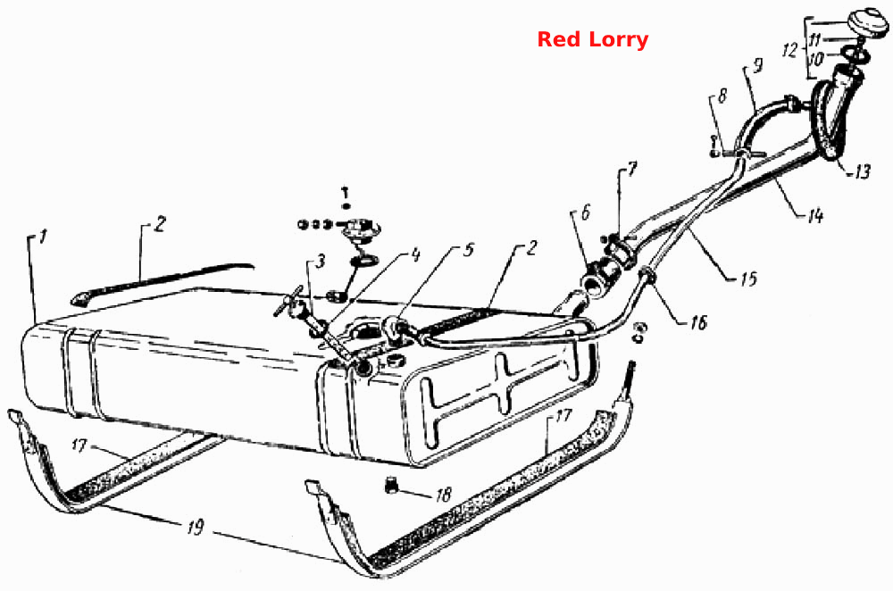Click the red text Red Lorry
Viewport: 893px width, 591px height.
point(593,40)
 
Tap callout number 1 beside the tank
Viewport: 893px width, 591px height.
point(43,237)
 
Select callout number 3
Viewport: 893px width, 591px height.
point(321,262)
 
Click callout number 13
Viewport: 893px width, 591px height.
point(862,171)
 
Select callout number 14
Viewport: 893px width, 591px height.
point(815,215)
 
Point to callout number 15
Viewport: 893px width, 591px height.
point(748,278)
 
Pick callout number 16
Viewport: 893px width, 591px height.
point(698,323)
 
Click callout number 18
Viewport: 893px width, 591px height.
point(443,495)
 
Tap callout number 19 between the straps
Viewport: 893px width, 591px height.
point(196,528)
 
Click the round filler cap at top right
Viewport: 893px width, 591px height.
point(867,24)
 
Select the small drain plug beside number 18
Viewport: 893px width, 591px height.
point(390,486)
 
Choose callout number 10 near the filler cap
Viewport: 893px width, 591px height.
point(815,59)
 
